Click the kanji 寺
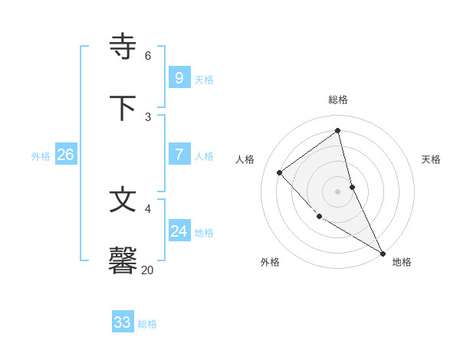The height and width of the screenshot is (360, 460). (x=123, y=47)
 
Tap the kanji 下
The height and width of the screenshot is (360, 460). (x=123, y=108)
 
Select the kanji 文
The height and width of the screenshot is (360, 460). (x=123, y=200)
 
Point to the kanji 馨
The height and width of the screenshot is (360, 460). (x=123, y=260)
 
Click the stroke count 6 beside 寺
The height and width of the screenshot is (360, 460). (x=148, y=55)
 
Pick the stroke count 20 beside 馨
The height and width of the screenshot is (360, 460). (x=148, y=270)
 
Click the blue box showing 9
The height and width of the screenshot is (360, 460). (x=179, y=78)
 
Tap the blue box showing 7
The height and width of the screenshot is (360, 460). (x=179, y=155)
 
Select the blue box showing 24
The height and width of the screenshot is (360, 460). (x=179, y=231)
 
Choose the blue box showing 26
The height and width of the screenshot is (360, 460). (x=65, y=155)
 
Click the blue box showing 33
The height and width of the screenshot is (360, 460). (x=122, y=322)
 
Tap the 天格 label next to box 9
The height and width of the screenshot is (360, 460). (x=204, y=80)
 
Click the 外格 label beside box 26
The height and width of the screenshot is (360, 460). (x=41, y=156)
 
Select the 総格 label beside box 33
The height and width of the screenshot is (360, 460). (x=147, y=324)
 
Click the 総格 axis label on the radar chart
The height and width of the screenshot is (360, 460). (x=338, y=100)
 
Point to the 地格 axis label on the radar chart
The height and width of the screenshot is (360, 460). (x=402, y=262)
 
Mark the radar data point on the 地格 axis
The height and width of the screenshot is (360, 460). (x=382, y=253)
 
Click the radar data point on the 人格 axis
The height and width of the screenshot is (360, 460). (x=280, y=172)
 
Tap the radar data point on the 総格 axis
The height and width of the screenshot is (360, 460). (x=338, y=130)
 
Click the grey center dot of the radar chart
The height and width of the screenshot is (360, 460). (x=338, y=191)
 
